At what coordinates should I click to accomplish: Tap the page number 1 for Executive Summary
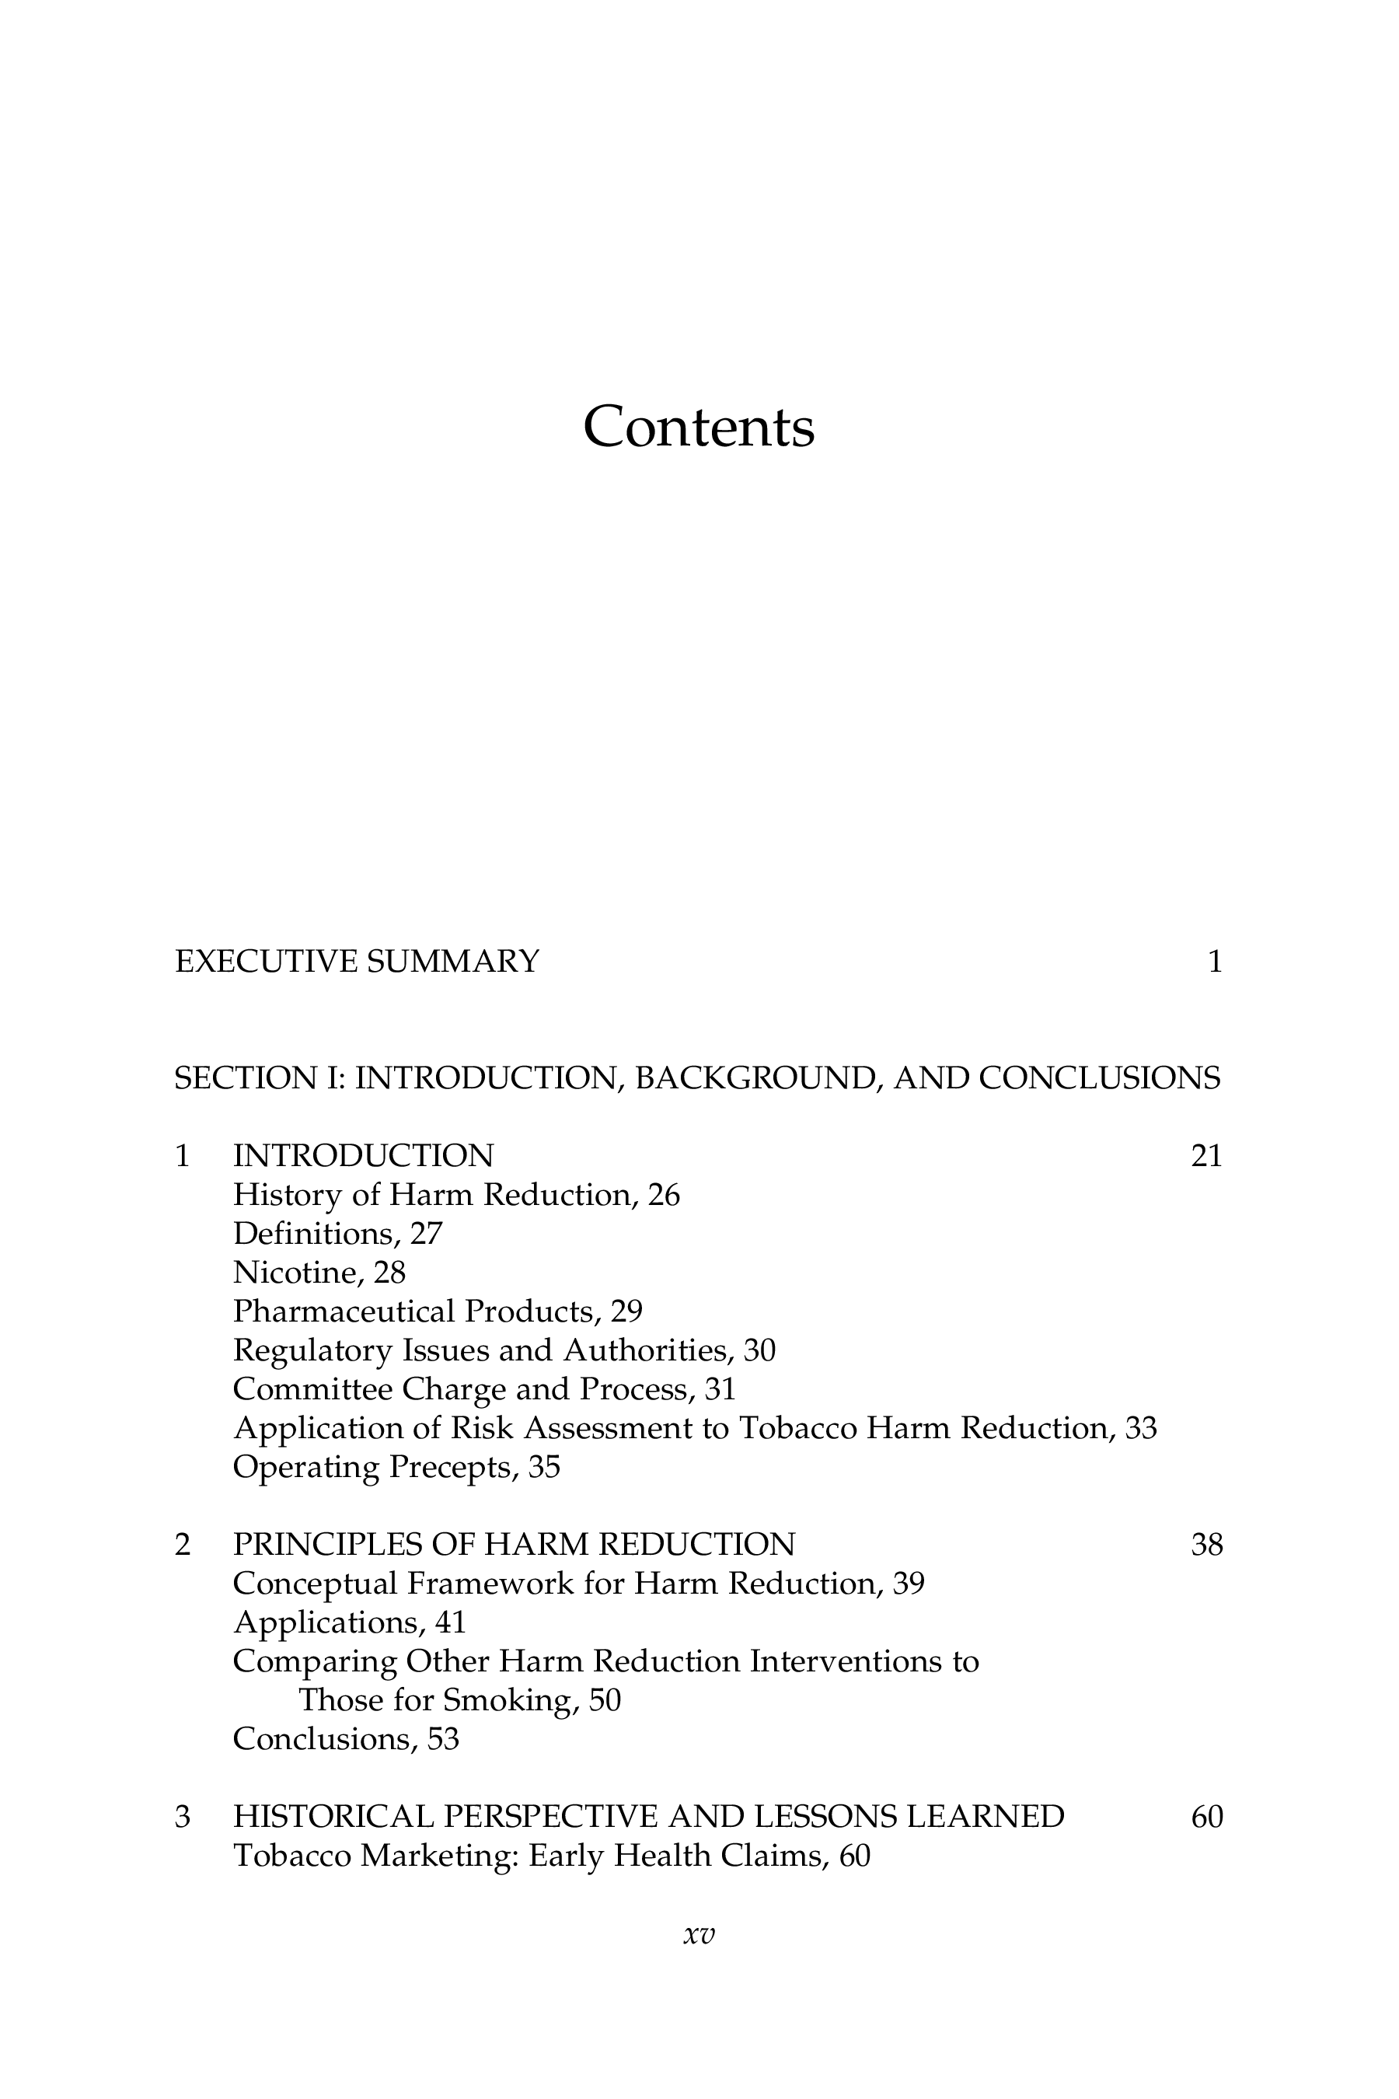(x=1214, y=962)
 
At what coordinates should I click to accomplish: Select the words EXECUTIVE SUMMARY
(x=357, y=962)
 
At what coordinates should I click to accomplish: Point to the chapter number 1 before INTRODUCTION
(x=183, y=1157)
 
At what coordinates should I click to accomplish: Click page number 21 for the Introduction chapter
(x=1206, y=1157)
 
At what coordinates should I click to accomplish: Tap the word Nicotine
(x=297, y=1273)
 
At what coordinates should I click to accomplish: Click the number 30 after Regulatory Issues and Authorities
(x=759, y=1350)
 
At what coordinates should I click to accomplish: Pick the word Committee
(x=312, y=1389)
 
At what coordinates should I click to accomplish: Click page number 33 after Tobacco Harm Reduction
(x=1141, y=1428)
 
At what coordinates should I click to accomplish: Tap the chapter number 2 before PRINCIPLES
(x=183, y=1545)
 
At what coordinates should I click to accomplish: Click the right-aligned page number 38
(x=1206, y=1545)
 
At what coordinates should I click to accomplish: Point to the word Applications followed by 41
(x=326, y=1622)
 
